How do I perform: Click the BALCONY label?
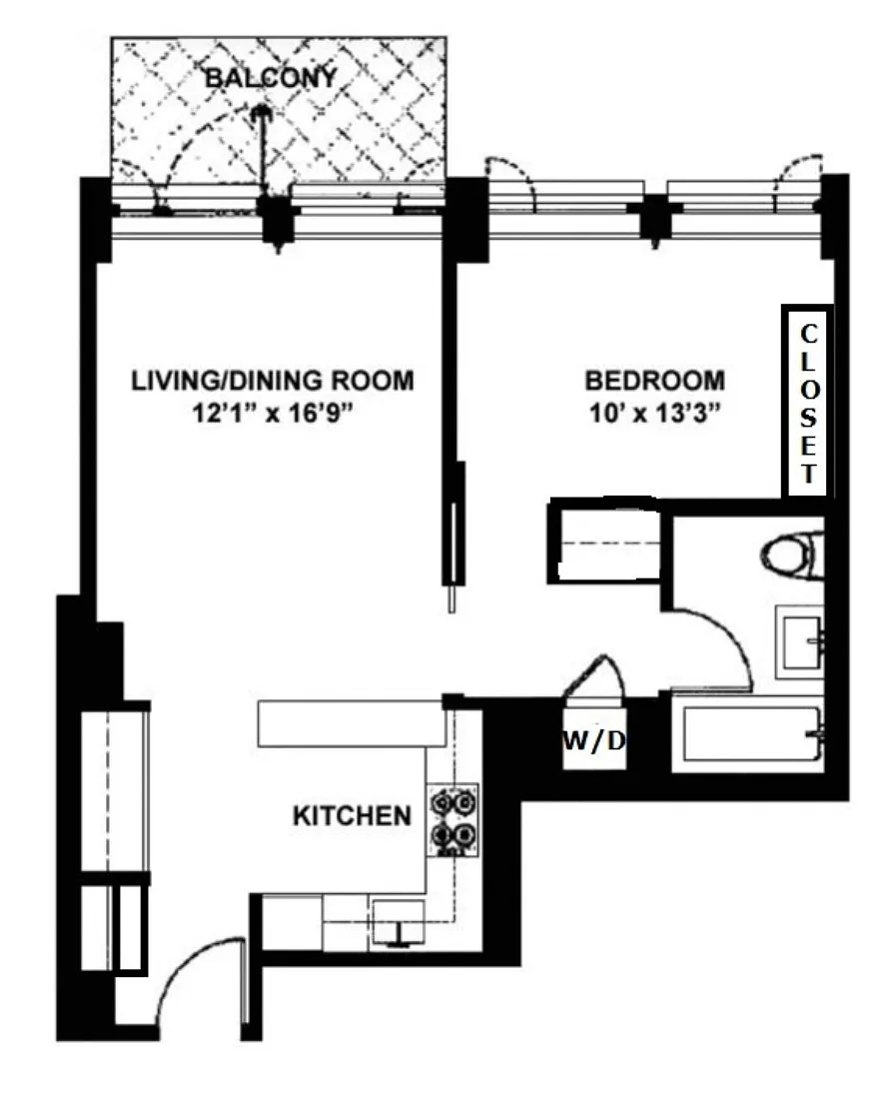coord(271,77)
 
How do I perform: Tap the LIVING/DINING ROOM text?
coord(273,381)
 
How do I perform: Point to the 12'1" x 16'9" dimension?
coord(273,413)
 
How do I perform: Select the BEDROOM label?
coord(654,381)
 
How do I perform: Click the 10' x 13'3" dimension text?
coord(654,413)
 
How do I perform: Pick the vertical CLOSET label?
coord(808,403)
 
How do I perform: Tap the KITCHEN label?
coord(352,816)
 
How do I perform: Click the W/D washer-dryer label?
coord(594,741)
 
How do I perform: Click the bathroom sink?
coord(800,641)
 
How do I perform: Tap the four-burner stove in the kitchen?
coord(452,819)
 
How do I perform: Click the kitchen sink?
coord(398,920)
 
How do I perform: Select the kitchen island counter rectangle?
coord(352,723)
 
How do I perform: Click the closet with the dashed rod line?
coord(605,542)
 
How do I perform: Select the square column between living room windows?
coord(278,219)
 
